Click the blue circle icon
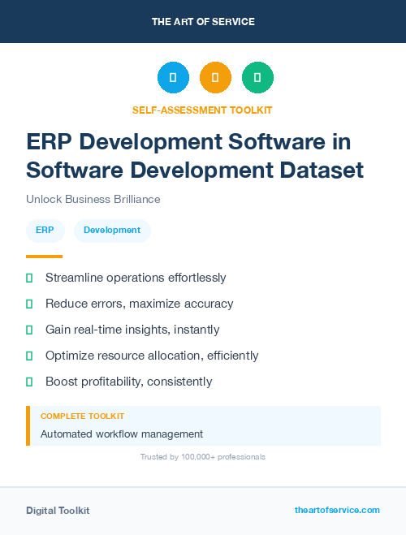173,77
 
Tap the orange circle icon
215,77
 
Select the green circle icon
257,77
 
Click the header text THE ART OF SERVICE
203,22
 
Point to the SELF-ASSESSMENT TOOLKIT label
203,110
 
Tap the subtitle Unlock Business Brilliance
93,199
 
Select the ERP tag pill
45,230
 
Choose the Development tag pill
112,230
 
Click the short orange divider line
44,256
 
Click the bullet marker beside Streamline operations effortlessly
29,278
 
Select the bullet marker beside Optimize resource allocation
29,356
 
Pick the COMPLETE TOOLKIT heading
82,416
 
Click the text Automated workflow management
122,434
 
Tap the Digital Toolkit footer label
58,511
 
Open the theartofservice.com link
337,510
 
